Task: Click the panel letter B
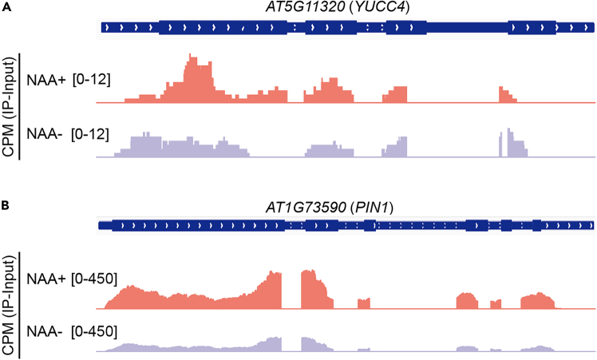6,205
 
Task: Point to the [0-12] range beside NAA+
90,80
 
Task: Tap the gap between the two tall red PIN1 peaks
291,291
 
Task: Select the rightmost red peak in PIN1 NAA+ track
536,301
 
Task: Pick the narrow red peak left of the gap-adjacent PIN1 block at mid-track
364,303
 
